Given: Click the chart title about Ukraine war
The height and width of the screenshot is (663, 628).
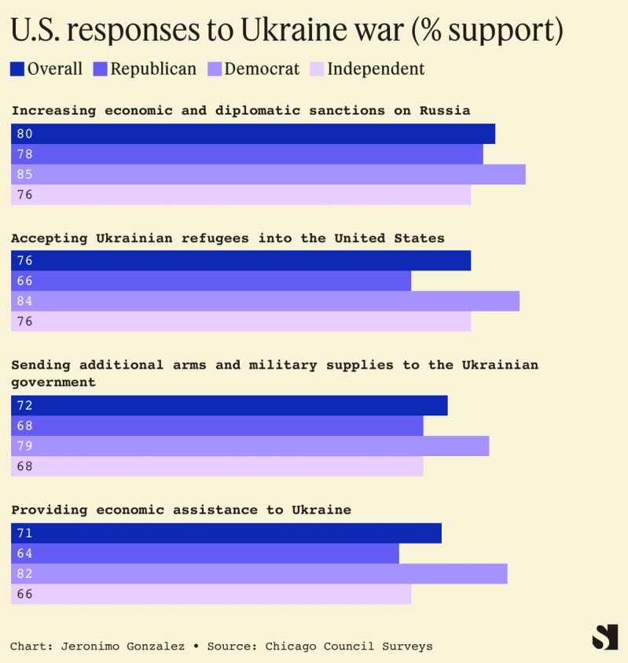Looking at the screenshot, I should click(287, 31).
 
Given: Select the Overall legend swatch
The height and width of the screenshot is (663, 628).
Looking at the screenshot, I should click(18, 69).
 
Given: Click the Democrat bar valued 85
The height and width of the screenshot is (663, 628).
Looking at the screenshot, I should click(268, 175).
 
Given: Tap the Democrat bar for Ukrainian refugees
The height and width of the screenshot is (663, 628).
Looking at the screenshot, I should click(265, 301).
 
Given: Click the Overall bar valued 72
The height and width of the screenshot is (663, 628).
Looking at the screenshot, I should click(229, 406).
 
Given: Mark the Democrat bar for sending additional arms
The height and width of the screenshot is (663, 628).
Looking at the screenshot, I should click(250, 446).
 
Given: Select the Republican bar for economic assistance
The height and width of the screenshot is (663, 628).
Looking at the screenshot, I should click(205, 554).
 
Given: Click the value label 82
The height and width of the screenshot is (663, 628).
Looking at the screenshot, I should click(24, 574).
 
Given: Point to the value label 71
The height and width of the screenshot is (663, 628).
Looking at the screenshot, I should click(24, 533).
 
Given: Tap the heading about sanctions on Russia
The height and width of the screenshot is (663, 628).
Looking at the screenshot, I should click(241, 111).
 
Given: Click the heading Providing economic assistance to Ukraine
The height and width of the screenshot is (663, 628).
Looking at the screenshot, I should click(181, 510).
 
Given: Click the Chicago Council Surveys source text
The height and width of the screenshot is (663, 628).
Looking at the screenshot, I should click(348, 646).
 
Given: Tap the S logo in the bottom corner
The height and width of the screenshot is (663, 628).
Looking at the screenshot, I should click(604, 636).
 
